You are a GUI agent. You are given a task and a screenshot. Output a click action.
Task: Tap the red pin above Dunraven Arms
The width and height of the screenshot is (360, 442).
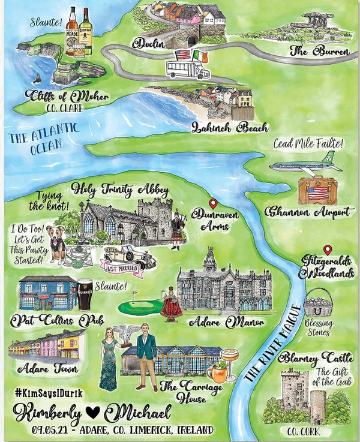(x=211, y=203)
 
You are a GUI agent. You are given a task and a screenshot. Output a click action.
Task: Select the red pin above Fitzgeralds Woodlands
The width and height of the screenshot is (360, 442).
(x=327, y=249)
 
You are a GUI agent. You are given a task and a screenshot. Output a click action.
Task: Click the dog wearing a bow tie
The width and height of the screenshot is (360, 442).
(x=59, y=245)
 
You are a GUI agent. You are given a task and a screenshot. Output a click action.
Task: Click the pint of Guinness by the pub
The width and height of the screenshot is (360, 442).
(x=86, y=294)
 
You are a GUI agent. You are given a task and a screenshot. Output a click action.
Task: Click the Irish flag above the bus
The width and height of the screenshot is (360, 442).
(x=200, y=55)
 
